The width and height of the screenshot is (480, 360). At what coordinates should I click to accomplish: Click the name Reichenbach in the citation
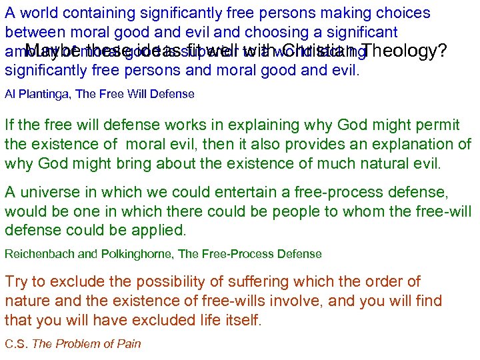coord(37,253)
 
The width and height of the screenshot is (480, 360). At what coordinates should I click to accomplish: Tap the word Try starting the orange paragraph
coord(16,282)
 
